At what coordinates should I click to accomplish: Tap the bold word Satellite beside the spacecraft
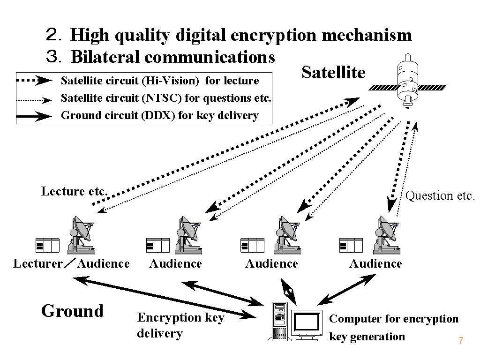click(x=333, y=72)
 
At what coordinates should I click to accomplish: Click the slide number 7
click(x=461, y=341)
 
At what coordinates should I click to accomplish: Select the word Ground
click(x=72, y=311)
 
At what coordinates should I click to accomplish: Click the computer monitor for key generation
click(x=307, y=323)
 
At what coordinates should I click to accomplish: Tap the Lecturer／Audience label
click(x=71, y=263)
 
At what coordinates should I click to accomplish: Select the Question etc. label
click(x=440, y=195)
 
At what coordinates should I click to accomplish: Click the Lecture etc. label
click(x=75, y=191)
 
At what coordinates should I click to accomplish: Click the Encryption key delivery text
click(x=180, y=325)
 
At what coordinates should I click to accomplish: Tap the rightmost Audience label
click(x=375, y=263)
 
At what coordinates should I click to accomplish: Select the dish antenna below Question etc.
click(x=386, y=234)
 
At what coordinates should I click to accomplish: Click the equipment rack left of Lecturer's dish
click(x=47, y=245)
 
